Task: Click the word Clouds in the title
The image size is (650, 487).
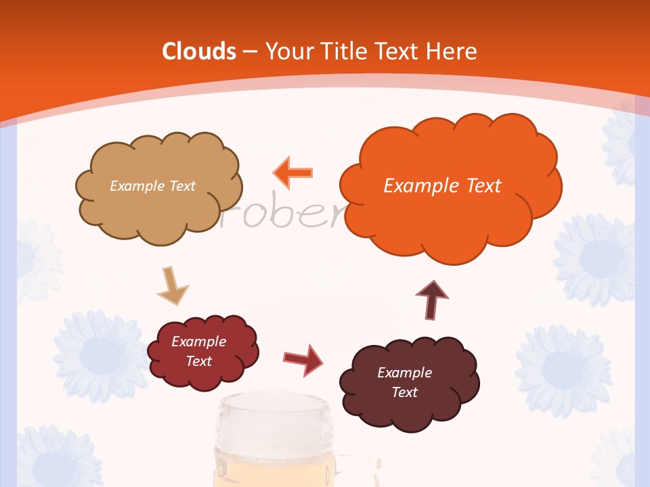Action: coord(199,51)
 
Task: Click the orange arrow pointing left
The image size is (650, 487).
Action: coord(293,173)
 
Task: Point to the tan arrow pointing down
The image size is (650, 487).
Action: coord(173,287)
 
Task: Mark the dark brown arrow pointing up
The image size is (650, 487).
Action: coord(432,298)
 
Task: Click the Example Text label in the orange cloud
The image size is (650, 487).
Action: coord(442,186)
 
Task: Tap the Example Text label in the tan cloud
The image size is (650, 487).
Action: coord(152,186)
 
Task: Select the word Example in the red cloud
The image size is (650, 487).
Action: coord(198,342)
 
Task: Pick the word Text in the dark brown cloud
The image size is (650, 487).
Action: coord(404,392)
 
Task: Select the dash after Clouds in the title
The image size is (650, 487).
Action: coord(249,52)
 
